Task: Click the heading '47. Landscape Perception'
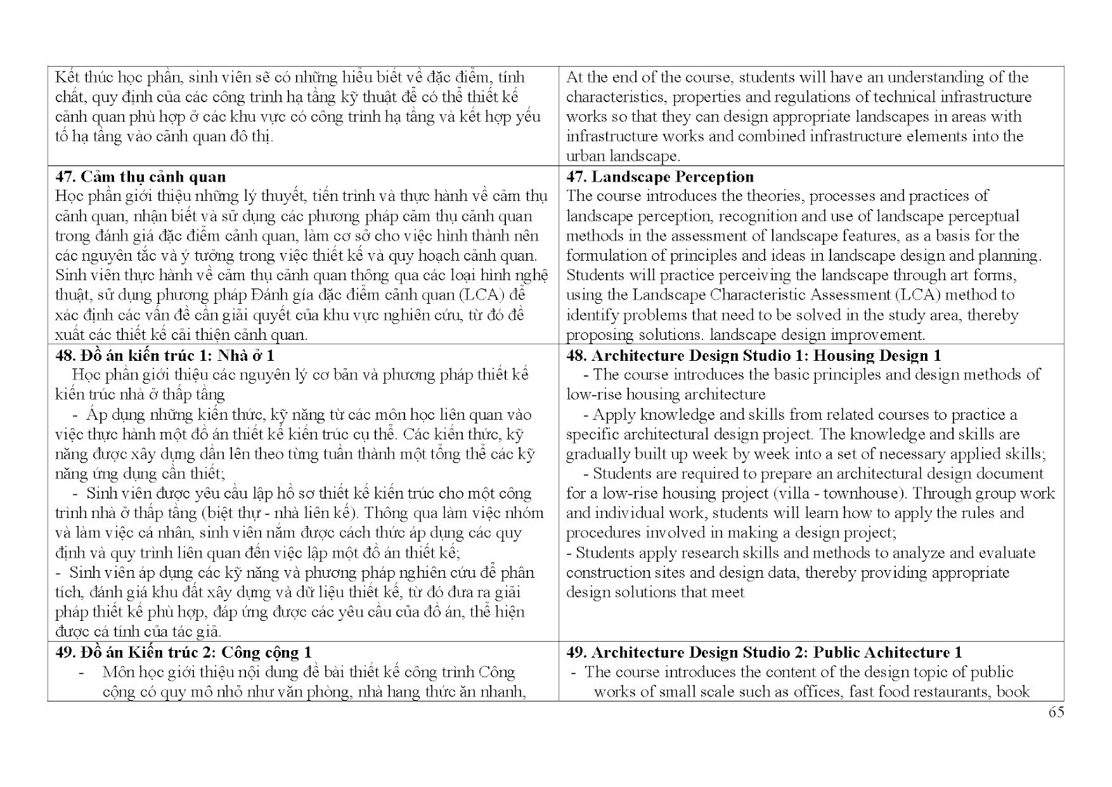[x=660, y=177]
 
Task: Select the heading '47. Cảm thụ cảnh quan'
[x=140, y=177]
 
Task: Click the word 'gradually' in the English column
[x=598, y=454]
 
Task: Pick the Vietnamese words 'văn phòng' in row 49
[x=373, y=692]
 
